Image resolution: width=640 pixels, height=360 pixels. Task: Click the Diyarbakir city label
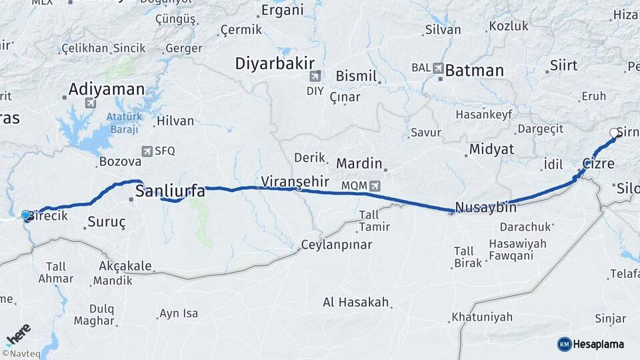coord(274,63)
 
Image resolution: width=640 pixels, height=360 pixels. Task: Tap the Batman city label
coord(474,70)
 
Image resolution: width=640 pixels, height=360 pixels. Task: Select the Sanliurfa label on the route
coord(169,192)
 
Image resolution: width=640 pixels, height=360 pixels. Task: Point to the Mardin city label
coord(359,163)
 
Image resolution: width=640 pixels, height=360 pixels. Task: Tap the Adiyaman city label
coord(107,89)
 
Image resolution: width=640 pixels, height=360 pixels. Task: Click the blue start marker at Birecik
coord(26,215)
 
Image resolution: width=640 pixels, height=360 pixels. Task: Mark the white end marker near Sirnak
coord(614,133)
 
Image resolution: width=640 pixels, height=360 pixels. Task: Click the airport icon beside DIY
coord(314,76)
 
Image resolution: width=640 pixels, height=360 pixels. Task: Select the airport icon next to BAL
coord(438,68)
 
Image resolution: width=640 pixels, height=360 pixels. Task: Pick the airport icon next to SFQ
coord(147,151)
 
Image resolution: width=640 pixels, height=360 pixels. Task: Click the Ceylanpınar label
coord(337,245)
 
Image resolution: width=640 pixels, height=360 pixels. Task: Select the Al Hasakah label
coord(355,302)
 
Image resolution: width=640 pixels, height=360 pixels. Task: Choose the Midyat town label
coord(491,149)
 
